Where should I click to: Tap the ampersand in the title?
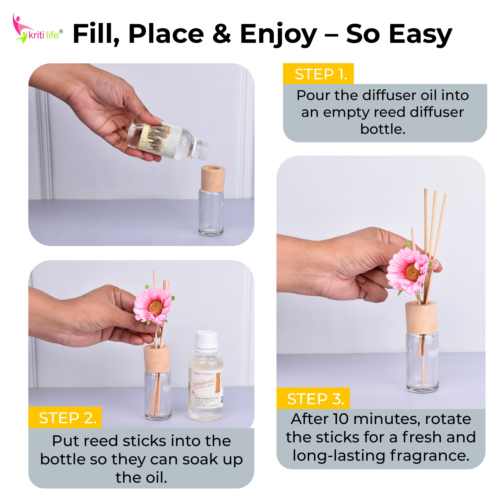[221, 34]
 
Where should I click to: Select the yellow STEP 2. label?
[65, 418]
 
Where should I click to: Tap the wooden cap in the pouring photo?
[213, 178]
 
